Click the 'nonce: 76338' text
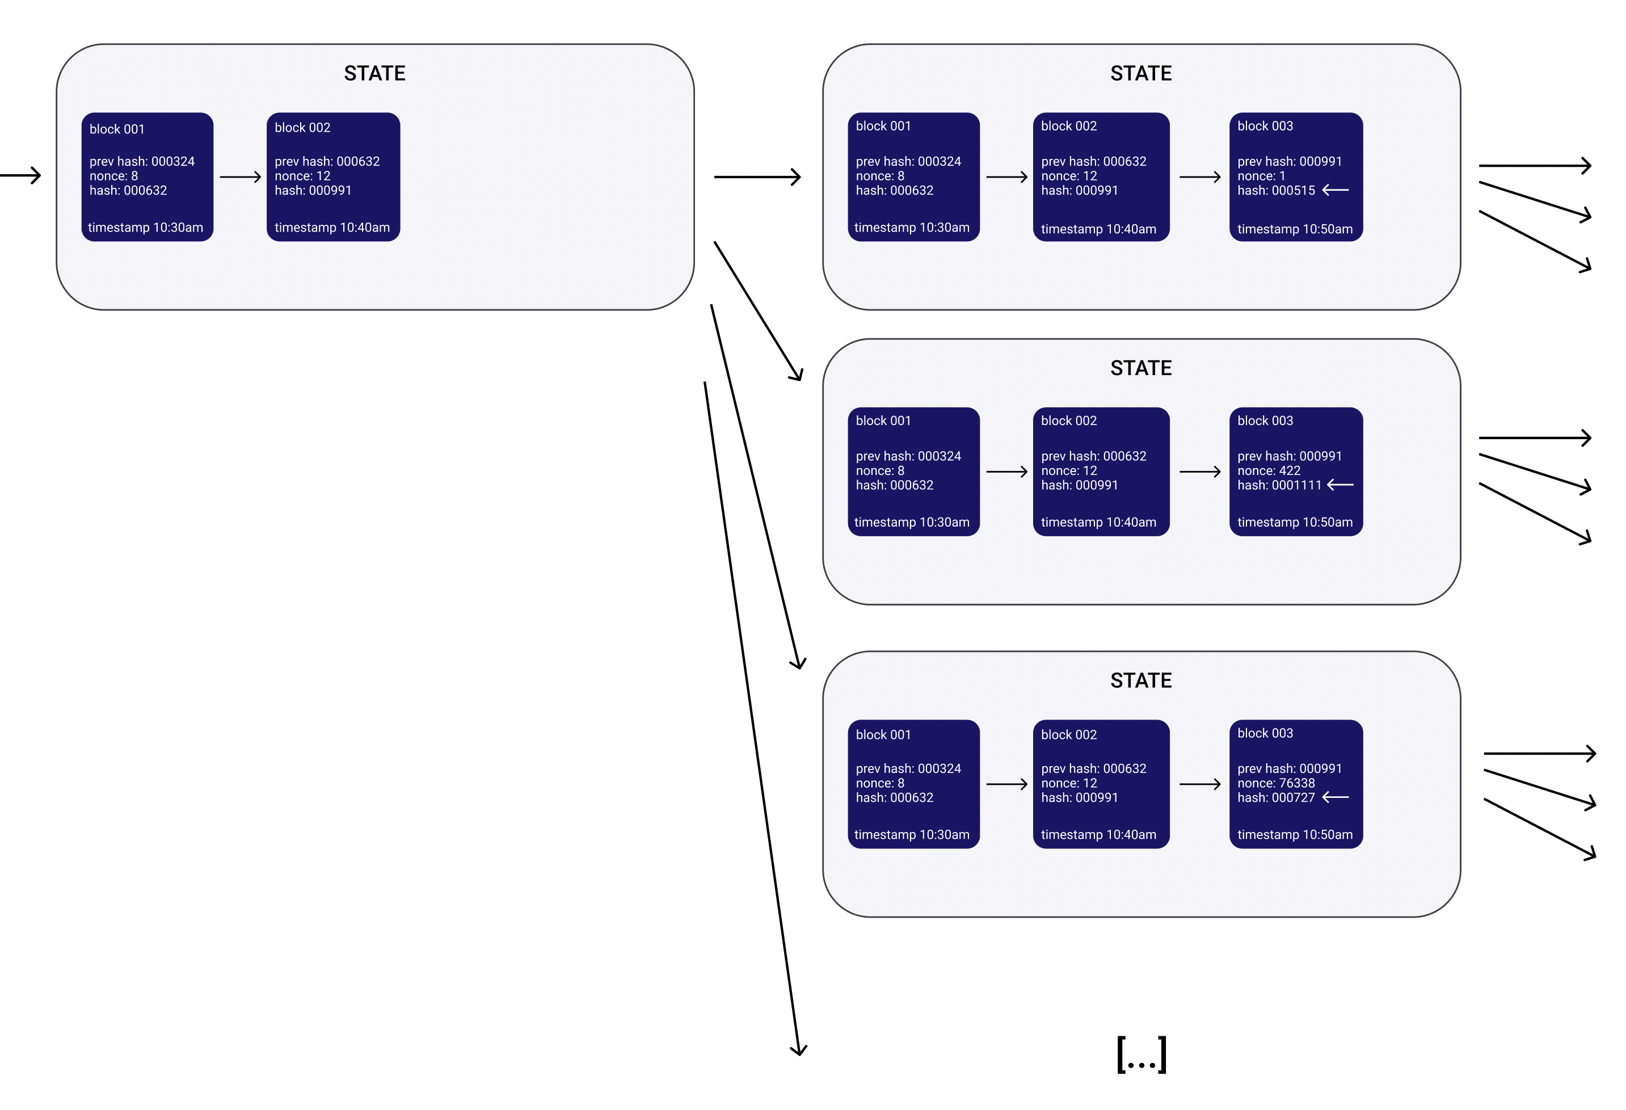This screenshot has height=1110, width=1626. (x=1275, y=783)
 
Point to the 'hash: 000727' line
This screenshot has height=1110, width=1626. (x=1275, y=798)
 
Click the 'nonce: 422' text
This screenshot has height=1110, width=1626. (x=1269, y=471)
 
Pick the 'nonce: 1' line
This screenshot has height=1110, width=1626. (x=1261, y=176)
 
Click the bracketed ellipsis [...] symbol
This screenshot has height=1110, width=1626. (x=1141, y=1054)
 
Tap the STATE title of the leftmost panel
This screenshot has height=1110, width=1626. (x=374, y=73)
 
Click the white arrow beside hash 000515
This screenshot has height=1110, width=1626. (x=1335, y=190)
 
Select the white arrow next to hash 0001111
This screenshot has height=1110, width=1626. (x=1340, y=484)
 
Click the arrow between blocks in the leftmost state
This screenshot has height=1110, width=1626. (x=240, y=177)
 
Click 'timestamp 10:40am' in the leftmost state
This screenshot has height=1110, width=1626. (x=332, y=228)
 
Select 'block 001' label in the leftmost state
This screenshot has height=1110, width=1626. (x=117, y=129)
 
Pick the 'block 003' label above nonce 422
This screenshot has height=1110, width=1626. (x=1265, y=421)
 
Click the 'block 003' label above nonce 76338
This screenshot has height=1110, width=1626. (x=1265, y=733)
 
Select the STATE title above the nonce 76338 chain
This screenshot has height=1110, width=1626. (x=1141, y=680)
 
